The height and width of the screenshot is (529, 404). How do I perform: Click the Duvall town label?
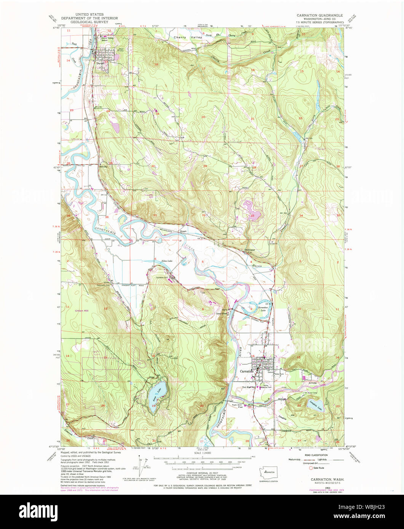click(x=100, y=64)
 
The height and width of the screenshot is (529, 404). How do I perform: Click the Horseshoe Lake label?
click(x=264, y=310)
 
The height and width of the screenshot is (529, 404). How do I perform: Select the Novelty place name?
click(x=102, y=166)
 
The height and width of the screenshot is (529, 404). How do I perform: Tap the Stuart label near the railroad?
click(x=184, y=230)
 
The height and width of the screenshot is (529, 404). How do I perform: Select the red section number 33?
click(x=252, y=215)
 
